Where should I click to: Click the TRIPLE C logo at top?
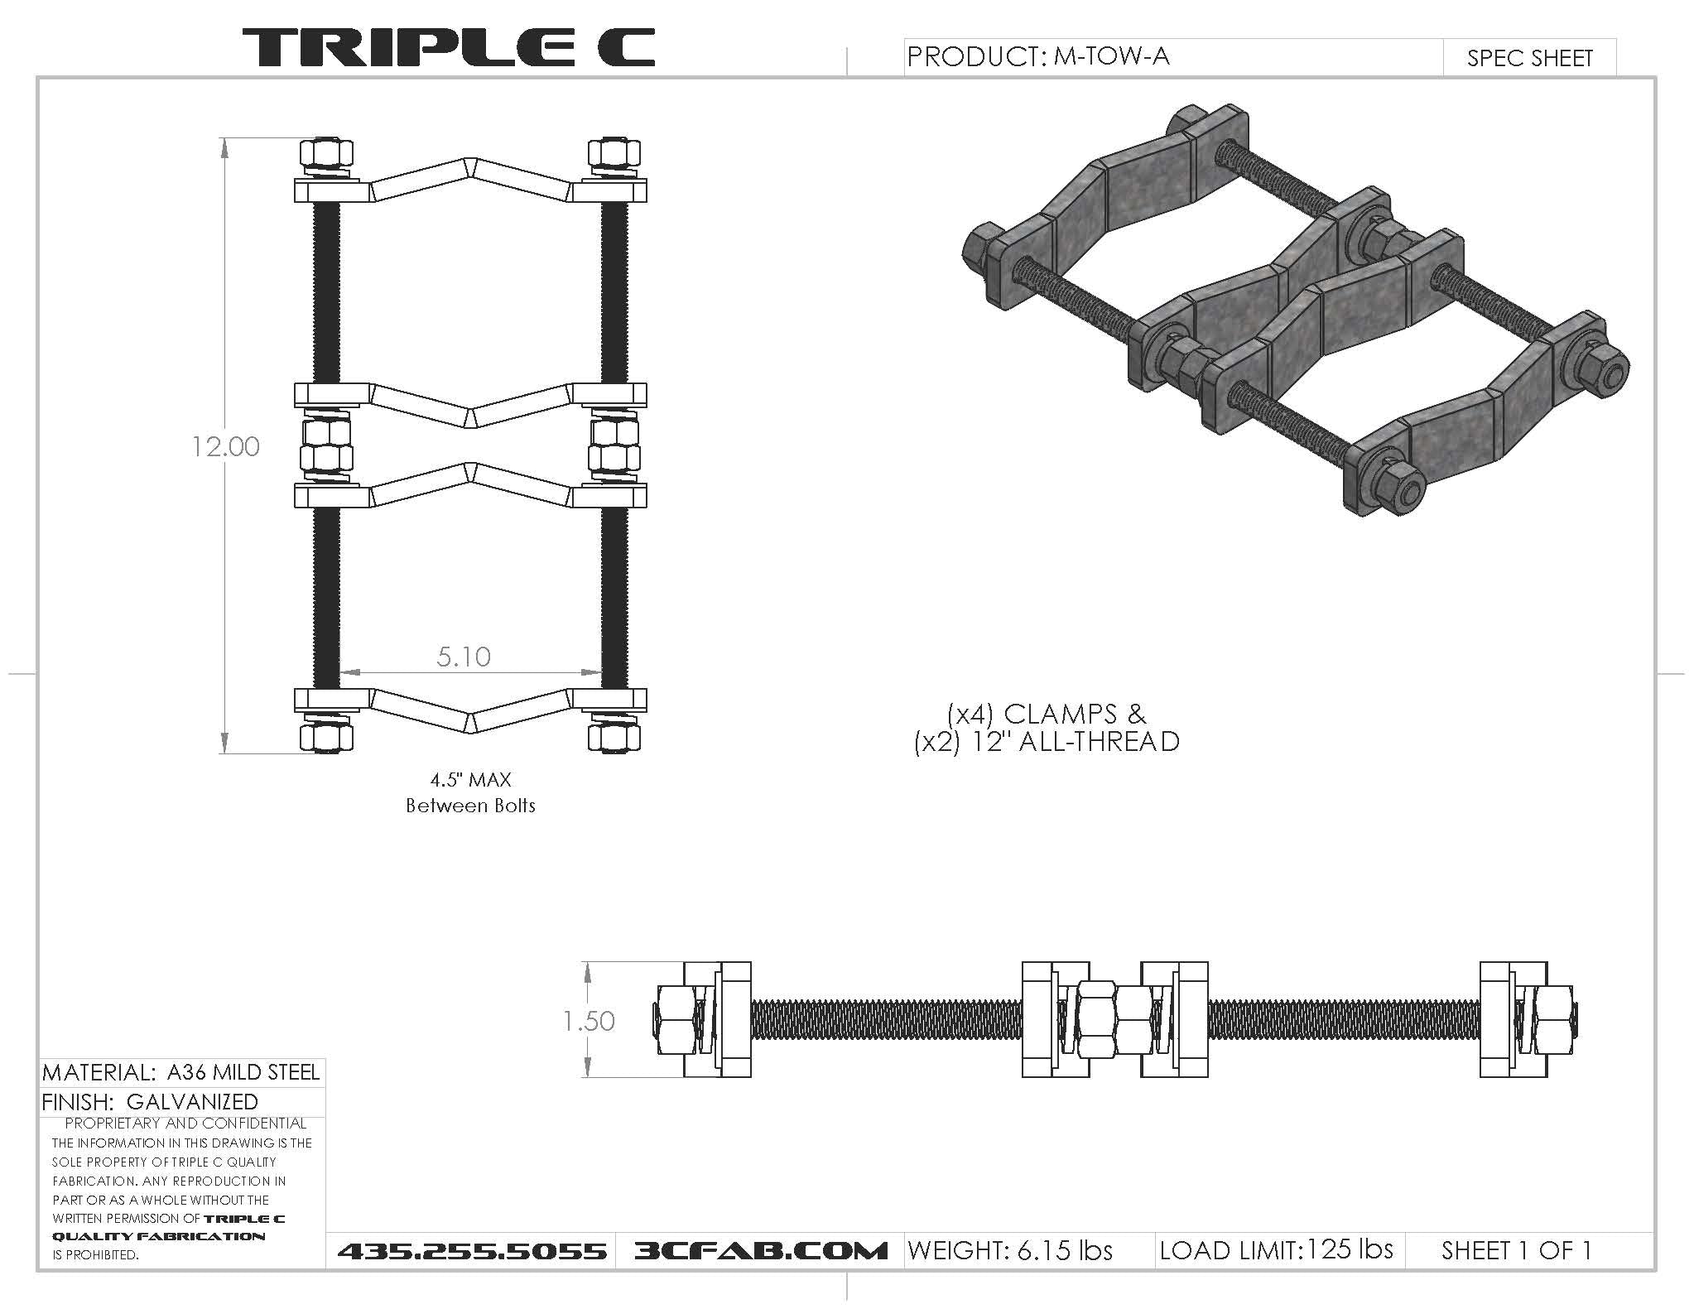(448, 47)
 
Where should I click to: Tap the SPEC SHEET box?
(1529, 58)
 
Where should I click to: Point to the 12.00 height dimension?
(225, 446)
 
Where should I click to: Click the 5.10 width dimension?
(464, 657)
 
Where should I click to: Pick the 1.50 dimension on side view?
(589, 1020)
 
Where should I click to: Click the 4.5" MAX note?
(470, 779)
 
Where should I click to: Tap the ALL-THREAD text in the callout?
(1098, 741)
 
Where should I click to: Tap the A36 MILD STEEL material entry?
(243, 1072)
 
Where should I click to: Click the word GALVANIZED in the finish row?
(192, 1102)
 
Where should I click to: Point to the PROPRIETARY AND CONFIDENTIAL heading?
(185, 1124)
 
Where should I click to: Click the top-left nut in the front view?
(325, 153)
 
